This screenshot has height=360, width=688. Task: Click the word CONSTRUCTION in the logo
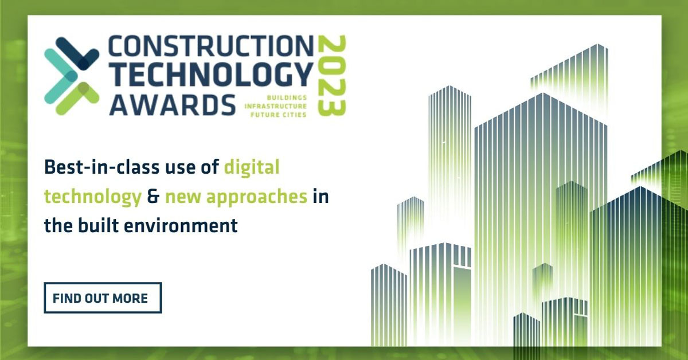point(212,46)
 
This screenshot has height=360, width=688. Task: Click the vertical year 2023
point(331,76)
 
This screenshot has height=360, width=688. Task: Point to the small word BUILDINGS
point(287,97)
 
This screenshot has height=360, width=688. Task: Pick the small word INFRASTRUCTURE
point(276,106)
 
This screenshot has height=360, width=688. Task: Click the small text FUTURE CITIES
point(279,115)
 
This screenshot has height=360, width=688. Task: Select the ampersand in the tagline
point(153,197)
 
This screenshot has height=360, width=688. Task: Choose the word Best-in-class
point(102,167)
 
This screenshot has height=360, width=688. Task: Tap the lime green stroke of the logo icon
point(77,98)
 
